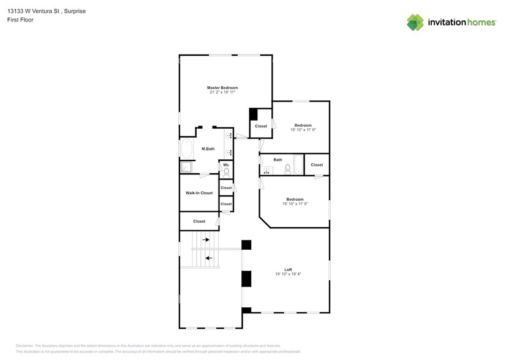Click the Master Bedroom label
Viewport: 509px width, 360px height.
222,88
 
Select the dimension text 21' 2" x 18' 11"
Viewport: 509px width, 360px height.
222,93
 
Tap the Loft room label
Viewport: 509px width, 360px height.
288,269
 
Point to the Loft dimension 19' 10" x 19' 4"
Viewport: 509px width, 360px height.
288,274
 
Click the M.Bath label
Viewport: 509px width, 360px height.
208,149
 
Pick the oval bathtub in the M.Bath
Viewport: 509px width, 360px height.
186,149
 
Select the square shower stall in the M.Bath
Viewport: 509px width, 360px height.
186,167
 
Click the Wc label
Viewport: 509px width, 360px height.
226,165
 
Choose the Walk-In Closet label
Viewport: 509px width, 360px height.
199,193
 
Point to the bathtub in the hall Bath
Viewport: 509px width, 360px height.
298,165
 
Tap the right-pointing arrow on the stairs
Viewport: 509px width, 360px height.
206,239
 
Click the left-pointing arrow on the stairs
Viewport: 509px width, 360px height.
209,258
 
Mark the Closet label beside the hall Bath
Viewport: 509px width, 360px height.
317,165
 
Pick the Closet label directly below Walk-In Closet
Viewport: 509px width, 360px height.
199,221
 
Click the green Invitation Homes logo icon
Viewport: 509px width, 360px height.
416,22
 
